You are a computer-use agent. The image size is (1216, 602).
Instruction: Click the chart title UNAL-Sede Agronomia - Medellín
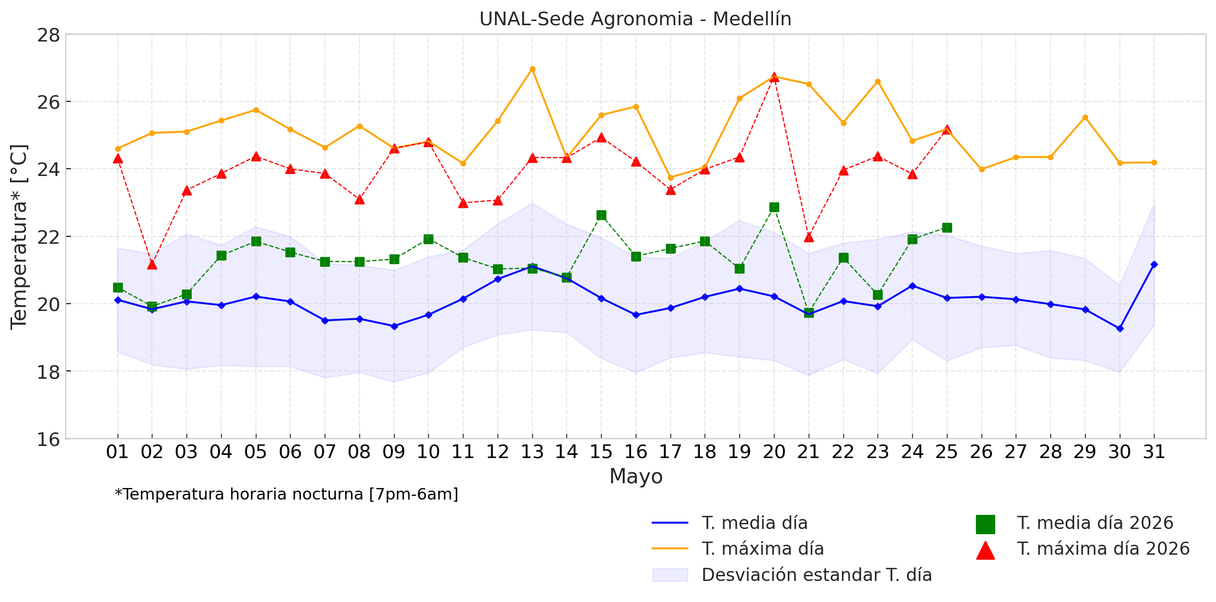click(x=635, y=19)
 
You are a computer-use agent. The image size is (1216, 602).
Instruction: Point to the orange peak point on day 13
click(x=532, y=69)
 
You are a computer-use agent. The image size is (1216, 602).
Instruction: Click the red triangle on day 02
click(x=152, y=264)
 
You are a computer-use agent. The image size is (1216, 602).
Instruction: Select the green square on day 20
click(x=774, y=207)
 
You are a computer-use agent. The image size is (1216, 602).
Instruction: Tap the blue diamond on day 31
click(x=1154, y=264)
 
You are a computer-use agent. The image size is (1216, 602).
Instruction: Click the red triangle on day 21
click(x=809, y=237)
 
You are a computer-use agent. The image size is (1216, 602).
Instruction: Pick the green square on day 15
click(x=601, y=215)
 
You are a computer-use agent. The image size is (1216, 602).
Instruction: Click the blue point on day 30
click(x=1120, y=328)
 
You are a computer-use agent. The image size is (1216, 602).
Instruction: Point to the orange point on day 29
click(x=1085, y=117)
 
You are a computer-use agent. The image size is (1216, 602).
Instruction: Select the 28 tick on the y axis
click(x=48, y=35)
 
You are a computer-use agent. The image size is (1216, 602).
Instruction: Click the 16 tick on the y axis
click(x=48, y=439)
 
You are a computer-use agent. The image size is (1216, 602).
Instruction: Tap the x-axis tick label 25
click(x=947, y=452)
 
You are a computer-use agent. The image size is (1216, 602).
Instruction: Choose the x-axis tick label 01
click(x=118, y=452)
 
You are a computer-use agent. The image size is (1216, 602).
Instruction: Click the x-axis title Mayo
click(x=636, y=476)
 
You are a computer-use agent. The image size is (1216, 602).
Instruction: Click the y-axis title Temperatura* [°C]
click(x=19, y=237)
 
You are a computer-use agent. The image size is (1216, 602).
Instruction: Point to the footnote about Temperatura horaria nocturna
click(x=286, y=494)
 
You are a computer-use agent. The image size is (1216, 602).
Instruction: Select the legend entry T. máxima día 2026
click(x=1083, y=549)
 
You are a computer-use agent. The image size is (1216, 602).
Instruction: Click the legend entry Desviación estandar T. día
click(x=792, y=575)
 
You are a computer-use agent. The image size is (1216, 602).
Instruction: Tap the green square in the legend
click(x=985, y=524)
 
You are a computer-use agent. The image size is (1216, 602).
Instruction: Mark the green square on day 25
click(x=947, y=227)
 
